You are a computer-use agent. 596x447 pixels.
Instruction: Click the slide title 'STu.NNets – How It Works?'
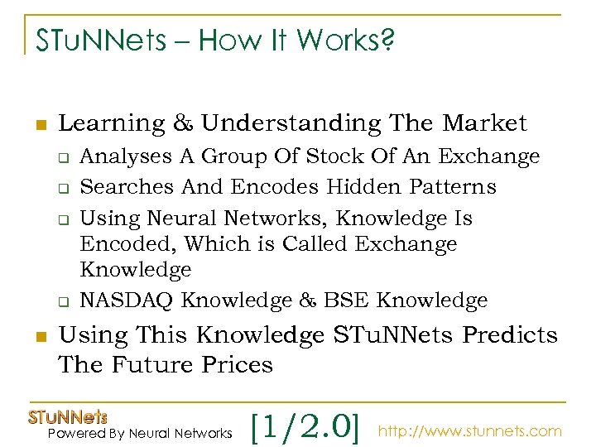[x=215, y=40]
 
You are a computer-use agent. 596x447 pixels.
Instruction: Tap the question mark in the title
[x=386, y=40]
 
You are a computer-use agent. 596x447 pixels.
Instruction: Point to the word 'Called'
[x=320, y=244]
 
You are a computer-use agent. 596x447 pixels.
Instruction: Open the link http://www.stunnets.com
[x=470, y=431]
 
